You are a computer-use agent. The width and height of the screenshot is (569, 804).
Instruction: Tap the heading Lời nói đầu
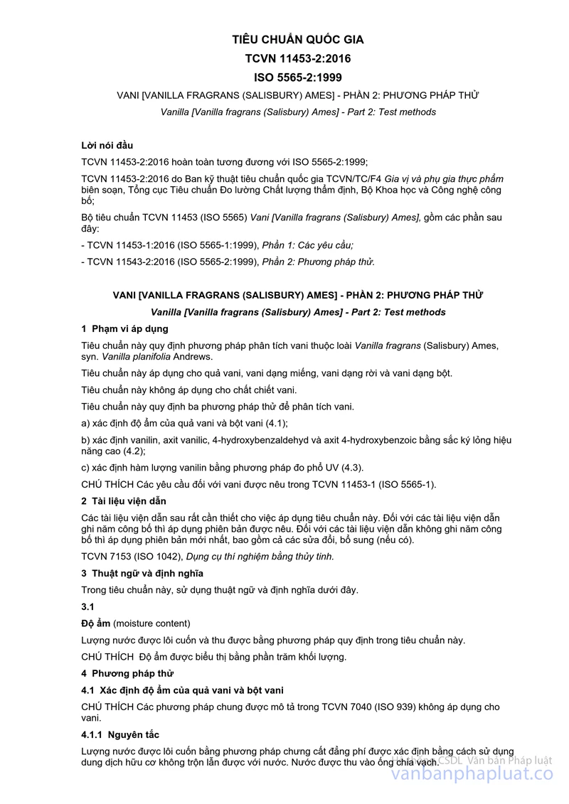pos(107,146)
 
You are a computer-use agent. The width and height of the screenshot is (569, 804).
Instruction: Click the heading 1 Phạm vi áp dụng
pos(124,328)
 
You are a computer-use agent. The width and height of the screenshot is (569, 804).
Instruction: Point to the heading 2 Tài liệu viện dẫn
pos(124,501)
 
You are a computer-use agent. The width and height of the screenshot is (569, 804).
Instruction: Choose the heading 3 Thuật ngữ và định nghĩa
pos(142,573)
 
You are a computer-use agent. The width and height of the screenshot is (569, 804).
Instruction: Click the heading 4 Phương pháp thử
pos(127,673)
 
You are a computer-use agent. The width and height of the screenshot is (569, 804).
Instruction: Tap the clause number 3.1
pos(87,606)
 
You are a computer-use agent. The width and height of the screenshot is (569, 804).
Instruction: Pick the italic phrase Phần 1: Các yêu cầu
pos(307,245)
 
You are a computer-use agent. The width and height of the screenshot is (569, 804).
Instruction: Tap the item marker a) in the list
pos(85,423)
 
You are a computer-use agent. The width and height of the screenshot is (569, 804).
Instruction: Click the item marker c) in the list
pos(85,467)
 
